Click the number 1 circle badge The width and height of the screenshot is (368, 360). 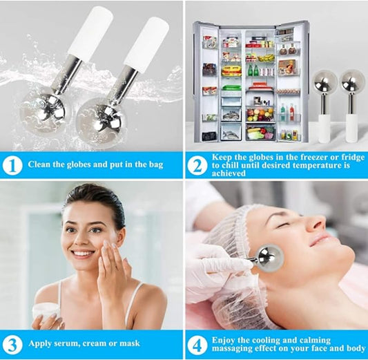pos(11,165)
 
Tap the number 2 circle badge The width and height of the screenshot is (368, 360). pos(197,165)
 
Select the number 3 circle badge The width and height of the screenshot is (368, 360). pos(11,343)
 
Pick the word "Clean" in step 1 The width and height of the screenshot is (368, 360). pos(41,166)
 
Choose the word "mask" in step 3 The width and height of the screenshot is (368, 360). pos(128,343)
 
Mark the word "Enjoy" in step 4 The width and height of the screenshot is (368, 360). pos(227,340)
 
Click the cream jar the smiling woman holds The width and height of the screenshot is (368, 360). pos(46,312)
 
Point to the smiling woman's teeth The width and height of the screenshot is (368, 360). pos(82,254)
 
